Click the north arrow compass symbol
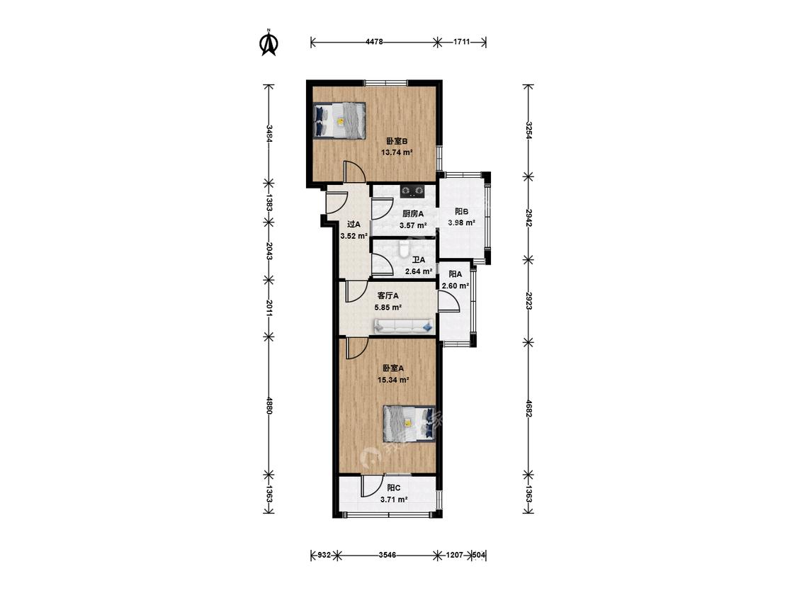269,43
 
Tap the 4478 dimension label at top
373,43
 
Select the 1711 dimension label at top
461,43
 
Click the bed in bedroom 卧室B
339,120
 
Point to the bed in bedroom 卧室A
409,424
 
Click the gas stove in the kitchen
412,191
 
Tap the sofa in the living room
404,326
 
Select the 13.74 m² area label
397,152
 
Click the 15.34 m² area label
393,380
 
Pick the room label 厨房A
413,214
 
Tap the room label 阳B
461,212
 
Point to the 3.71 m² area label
394,500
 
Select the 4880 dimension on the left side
269,405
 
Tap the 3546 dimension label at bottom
388,555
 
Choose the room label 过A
354,224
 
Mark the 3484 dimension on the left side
269,134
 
